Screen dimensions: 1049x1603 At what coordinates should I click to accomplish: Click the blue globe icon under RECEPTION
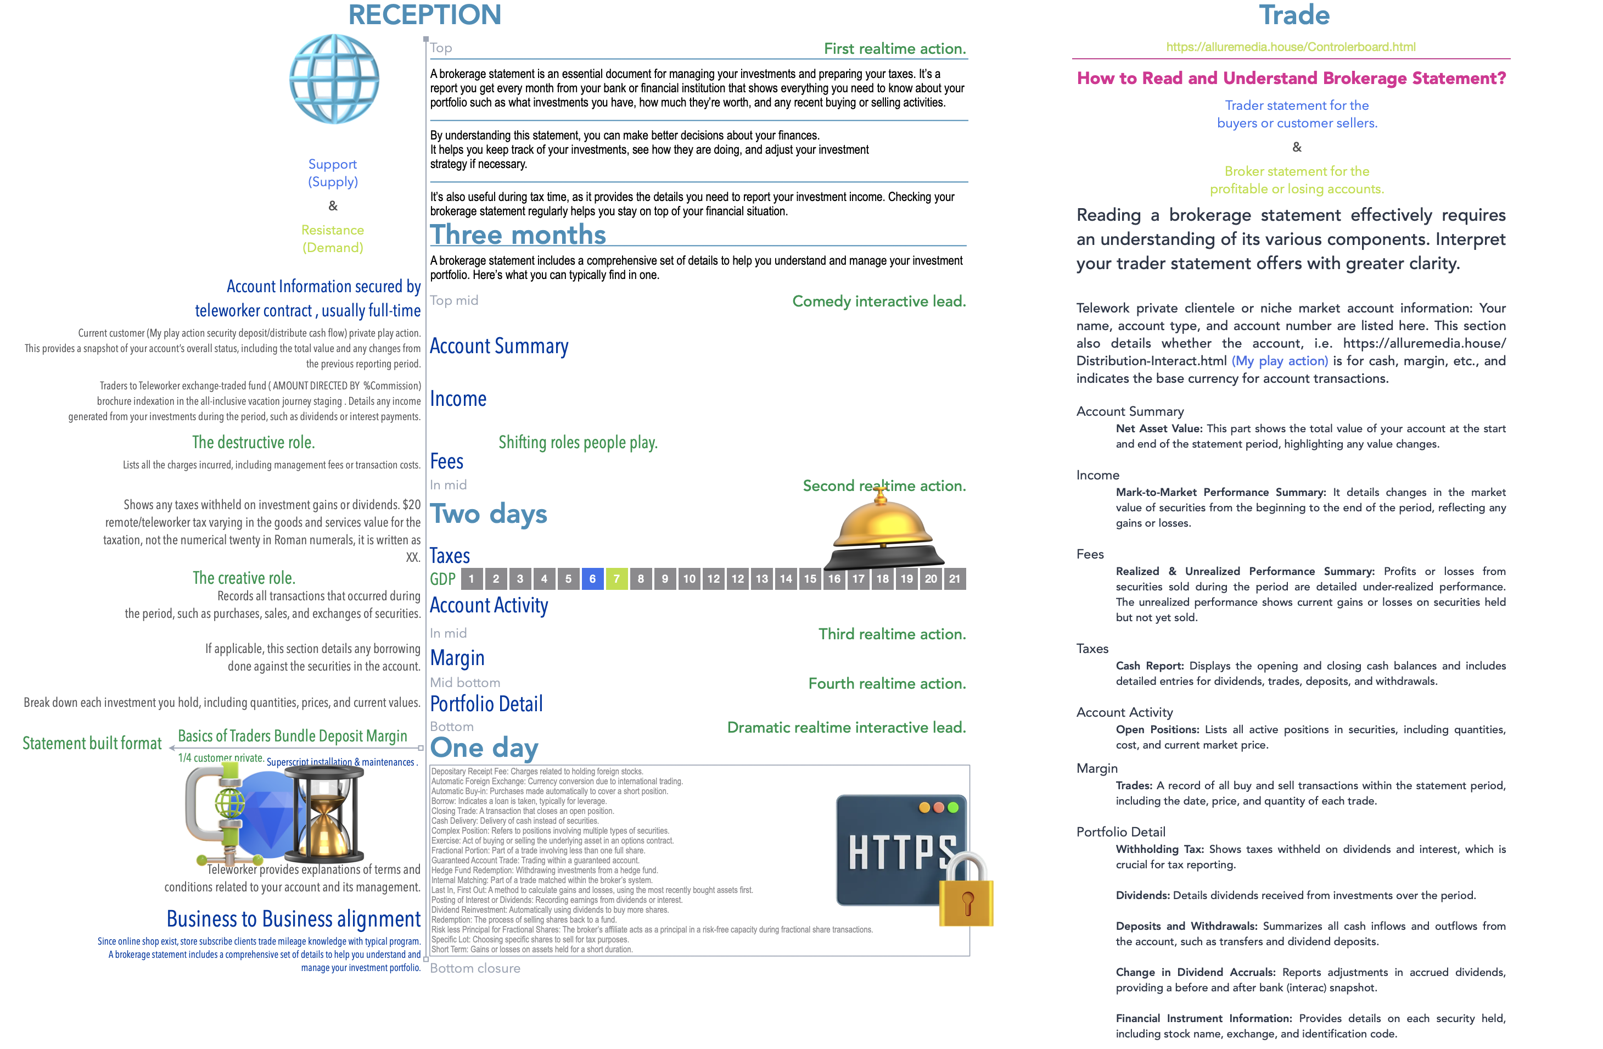[x=334, y=79]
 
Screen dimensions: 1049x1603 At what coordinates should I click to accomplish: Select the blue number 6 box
[x=592, y=579]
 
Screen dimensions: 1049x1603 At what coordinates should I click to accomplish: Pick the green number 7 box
[x=616, y=579]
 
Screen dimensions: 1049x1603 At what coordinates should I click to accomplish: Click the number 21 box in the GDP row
[x=955, y=579]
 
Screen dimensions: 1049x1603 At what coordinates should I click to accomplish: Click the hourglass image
[x=324, y=815]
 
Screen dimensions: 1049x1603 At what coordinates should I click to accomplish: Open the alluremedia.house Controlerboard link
[x=1291, y=47]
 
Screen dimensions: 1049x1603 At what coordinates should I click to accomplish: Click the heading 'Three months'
[x=518, y=235]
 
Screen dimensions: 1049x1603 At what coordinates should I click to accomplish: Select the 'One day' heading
[x=484, y=748]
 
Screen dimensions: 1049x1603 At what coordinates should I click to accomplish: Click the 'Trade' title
[x=1294, y=15]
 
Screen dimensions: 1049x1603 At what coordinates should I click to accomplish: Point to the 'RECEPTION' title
[x=424, y=15]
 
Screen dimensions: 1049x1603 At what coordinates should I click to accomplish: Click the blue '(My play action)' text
[x=1280, y=361]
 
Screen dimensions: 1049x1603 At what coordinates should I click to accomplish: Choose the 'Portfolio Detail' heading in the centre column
[x=486, y=704]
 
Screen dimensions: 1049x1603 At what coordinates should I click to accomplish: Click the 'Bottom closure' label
[x=475, y=968]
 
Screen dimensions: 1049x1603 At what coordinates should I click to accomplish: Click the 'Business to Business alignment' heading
[x=294, y=919]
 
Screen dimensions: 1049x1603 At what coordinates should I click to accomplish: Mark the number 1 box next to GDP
[x=472, y=579]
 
